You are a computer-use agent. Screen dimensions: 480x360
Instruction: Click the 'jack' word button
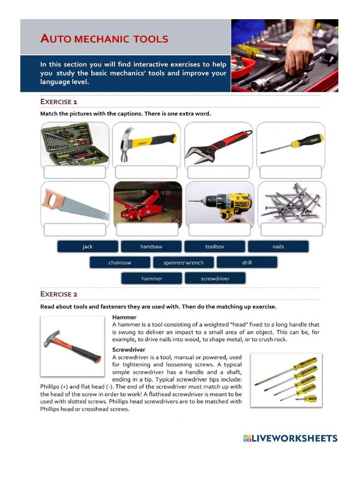(x=88, y=247)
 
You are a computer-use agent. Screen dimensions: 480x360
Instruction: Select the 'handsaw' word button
(x=151, y=247)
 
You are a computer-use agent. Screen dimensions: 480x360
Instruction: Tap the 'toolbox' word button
(x=215, y=247)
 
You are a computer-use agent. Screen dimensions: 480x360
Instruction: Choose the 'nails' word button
(x=278, y=247)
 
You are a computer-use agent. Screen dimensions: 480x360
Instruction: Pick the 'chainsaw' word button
(x=120, y=262)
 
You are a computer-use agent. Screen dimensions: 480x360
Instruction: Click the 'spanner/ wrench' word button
(x=183, y=262)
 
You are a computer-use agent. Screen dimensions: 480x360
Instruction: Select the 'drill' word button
(x=247, y=262)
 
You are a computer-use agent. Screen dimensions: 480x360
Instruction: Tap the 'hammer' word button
(x=151, y=278)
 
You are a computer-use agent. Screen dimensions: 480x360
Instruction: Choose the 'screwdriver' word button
(x=215, y=278)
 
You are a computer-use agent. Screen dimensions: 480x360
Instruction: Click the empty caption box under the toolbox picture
(x=75, y=172)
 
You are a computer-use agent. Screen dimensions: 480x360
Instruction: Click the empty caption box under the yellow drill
(x=219, y=229)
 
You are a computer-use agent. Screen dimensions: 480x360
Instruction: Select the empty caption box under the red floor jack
(x=147, y=229)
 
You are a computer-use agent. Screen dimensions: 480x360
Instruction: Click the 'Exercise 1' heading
(x=59, y=102)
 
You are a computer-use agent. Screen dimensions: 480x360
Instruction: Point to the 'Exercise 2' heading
(x=59, y=294)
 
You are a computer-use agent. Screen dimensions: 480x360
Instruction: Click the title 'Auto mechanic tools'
(x=104, y=39)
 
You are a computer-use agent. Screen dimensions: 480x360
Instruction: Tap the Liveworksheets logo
(x=290, y=439)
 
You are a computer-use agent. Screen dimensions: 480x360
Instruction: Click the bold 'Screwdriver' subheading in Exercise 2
(x=129, y=350)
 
